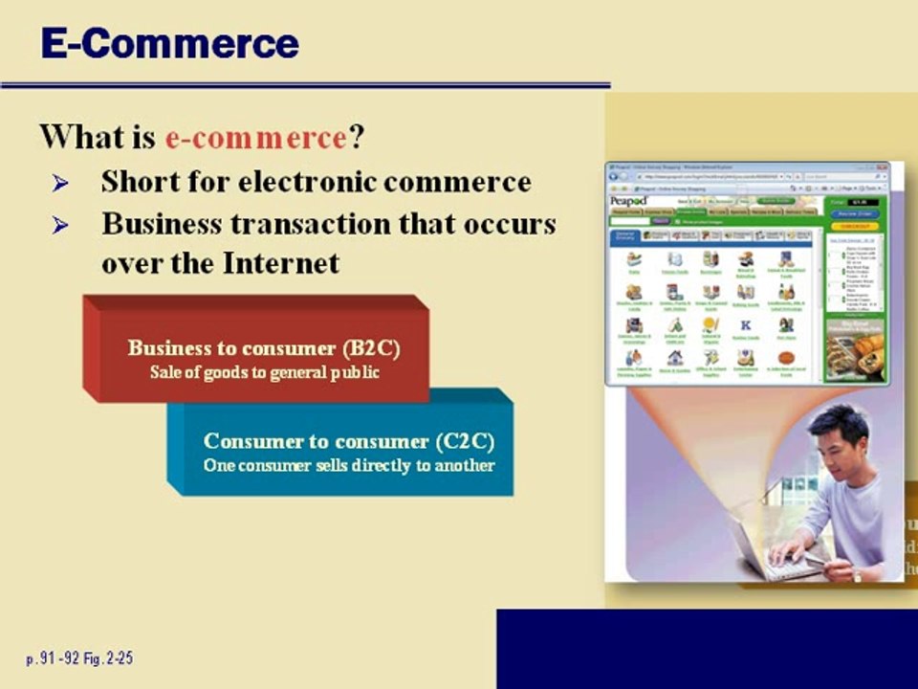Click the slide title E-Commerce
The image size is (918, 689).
click(169, 43)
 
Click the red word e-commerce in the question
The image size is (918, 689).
click(255, 138)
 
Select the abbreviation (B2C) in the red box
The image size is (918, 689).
click(371, 348)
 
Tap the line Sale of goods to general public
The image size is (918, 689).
click(264, 371)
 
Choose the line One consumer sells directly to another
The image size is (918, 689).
click(349, 466)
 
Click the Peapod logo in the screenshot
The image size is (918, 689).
click(628, 201)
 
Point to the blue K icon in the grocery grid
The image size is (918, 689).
click(746, 325)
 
